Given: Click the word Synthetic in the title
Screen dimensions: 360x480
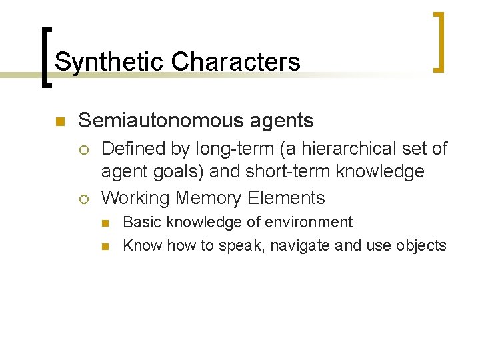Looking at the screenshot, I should [x=109, y=62].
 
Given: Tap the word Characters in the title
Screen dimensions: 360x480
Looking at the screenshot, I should [x=235, y=62].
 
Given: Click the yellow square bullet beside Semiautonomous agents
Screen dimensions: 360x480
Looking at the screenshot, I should [x=59, y=121].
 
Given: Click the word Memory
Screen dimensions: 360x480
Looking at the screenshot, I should [x=208, y=198].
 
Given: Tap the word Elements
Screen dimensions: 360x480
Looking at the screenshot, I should [x=286, y=198].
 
